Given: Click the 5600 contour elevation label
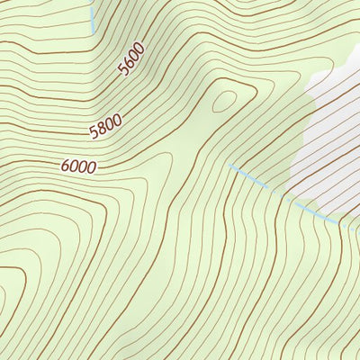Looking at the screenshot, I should pos(131,61).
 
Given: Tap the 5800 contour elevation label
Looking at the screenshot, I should pos(105,128).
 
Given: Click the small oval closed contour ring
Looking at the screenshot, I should pos(224,99).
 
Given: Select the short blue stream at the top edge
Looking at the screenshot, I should pos(92,13).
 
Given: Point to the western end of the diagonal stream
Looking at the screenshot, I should pos(230,166).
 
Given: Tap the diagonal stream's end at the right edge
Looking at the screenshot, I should pos(358,226).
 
